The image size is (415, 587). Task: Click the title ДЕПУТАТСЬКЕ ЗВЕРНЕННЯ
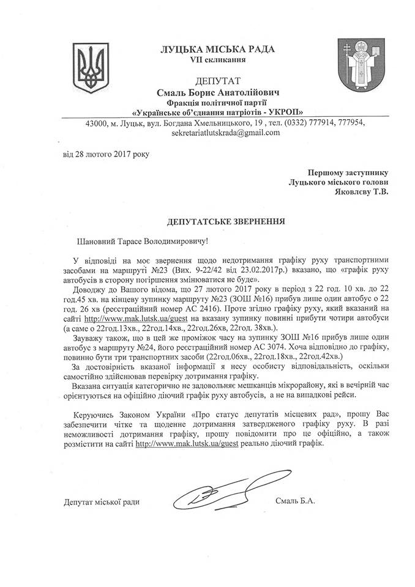[209, 218]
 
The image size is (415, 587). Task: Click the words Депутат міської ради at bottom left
[102, 501]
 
